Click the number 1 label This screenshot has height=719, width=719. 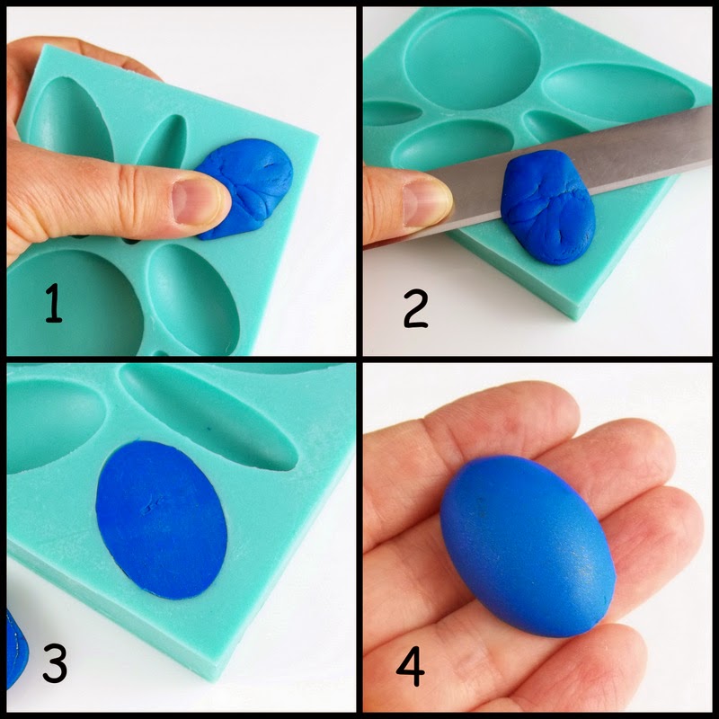pos(54,303)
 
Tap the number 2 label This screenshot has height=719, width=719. pos(416,308)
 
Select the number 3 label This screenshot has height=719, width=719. pos(55,663)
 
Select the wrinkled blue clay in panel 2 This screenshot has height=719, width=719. pos(548,207)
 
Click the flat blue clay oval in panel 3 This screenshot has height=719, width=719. pos(162,519)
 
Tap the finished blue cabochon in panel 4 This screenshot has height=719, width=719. pos(528,546)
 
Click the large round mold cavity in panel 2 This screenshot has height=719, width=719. pos(473,58)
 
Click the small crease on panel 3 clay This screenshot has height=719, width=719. pos(152,503)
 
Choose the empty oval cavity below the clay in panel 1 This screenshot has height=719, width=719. pos(192,299)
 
